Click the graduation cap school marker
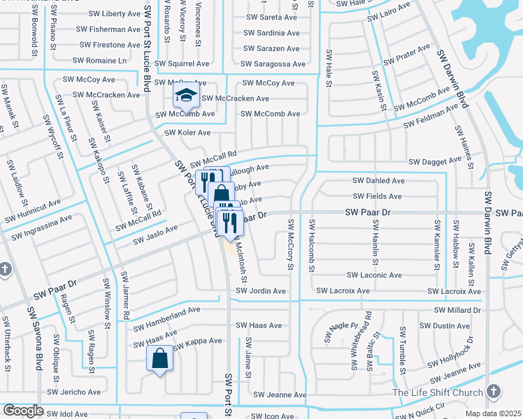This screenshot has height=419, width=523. click(x=186, y=95)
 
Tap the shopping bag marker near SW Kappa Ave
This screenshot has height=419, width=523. click(x=159, y=359)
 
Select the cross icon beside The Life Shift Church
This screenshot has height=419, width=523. click(x=494, y=392)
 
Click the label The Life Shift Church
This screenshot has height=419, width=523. click(x=437, y=392)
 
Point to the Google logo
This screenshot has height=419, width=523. click(x=22, y=411)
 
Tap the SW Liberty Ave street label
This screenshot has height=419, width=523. click(x=115, y=14)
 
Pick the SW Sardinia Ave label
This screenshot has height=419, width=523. click(x=271, y=33)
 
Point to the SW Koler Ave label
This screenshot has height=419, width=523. click(x=187, y=133)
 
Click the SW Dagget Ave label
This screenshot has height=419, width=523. click(x=435, y=161)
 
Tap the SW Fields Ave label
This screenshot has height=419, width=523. click(x=378, y=197)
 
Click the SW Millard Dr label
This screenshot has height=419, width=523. click(x=458, y=309)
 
